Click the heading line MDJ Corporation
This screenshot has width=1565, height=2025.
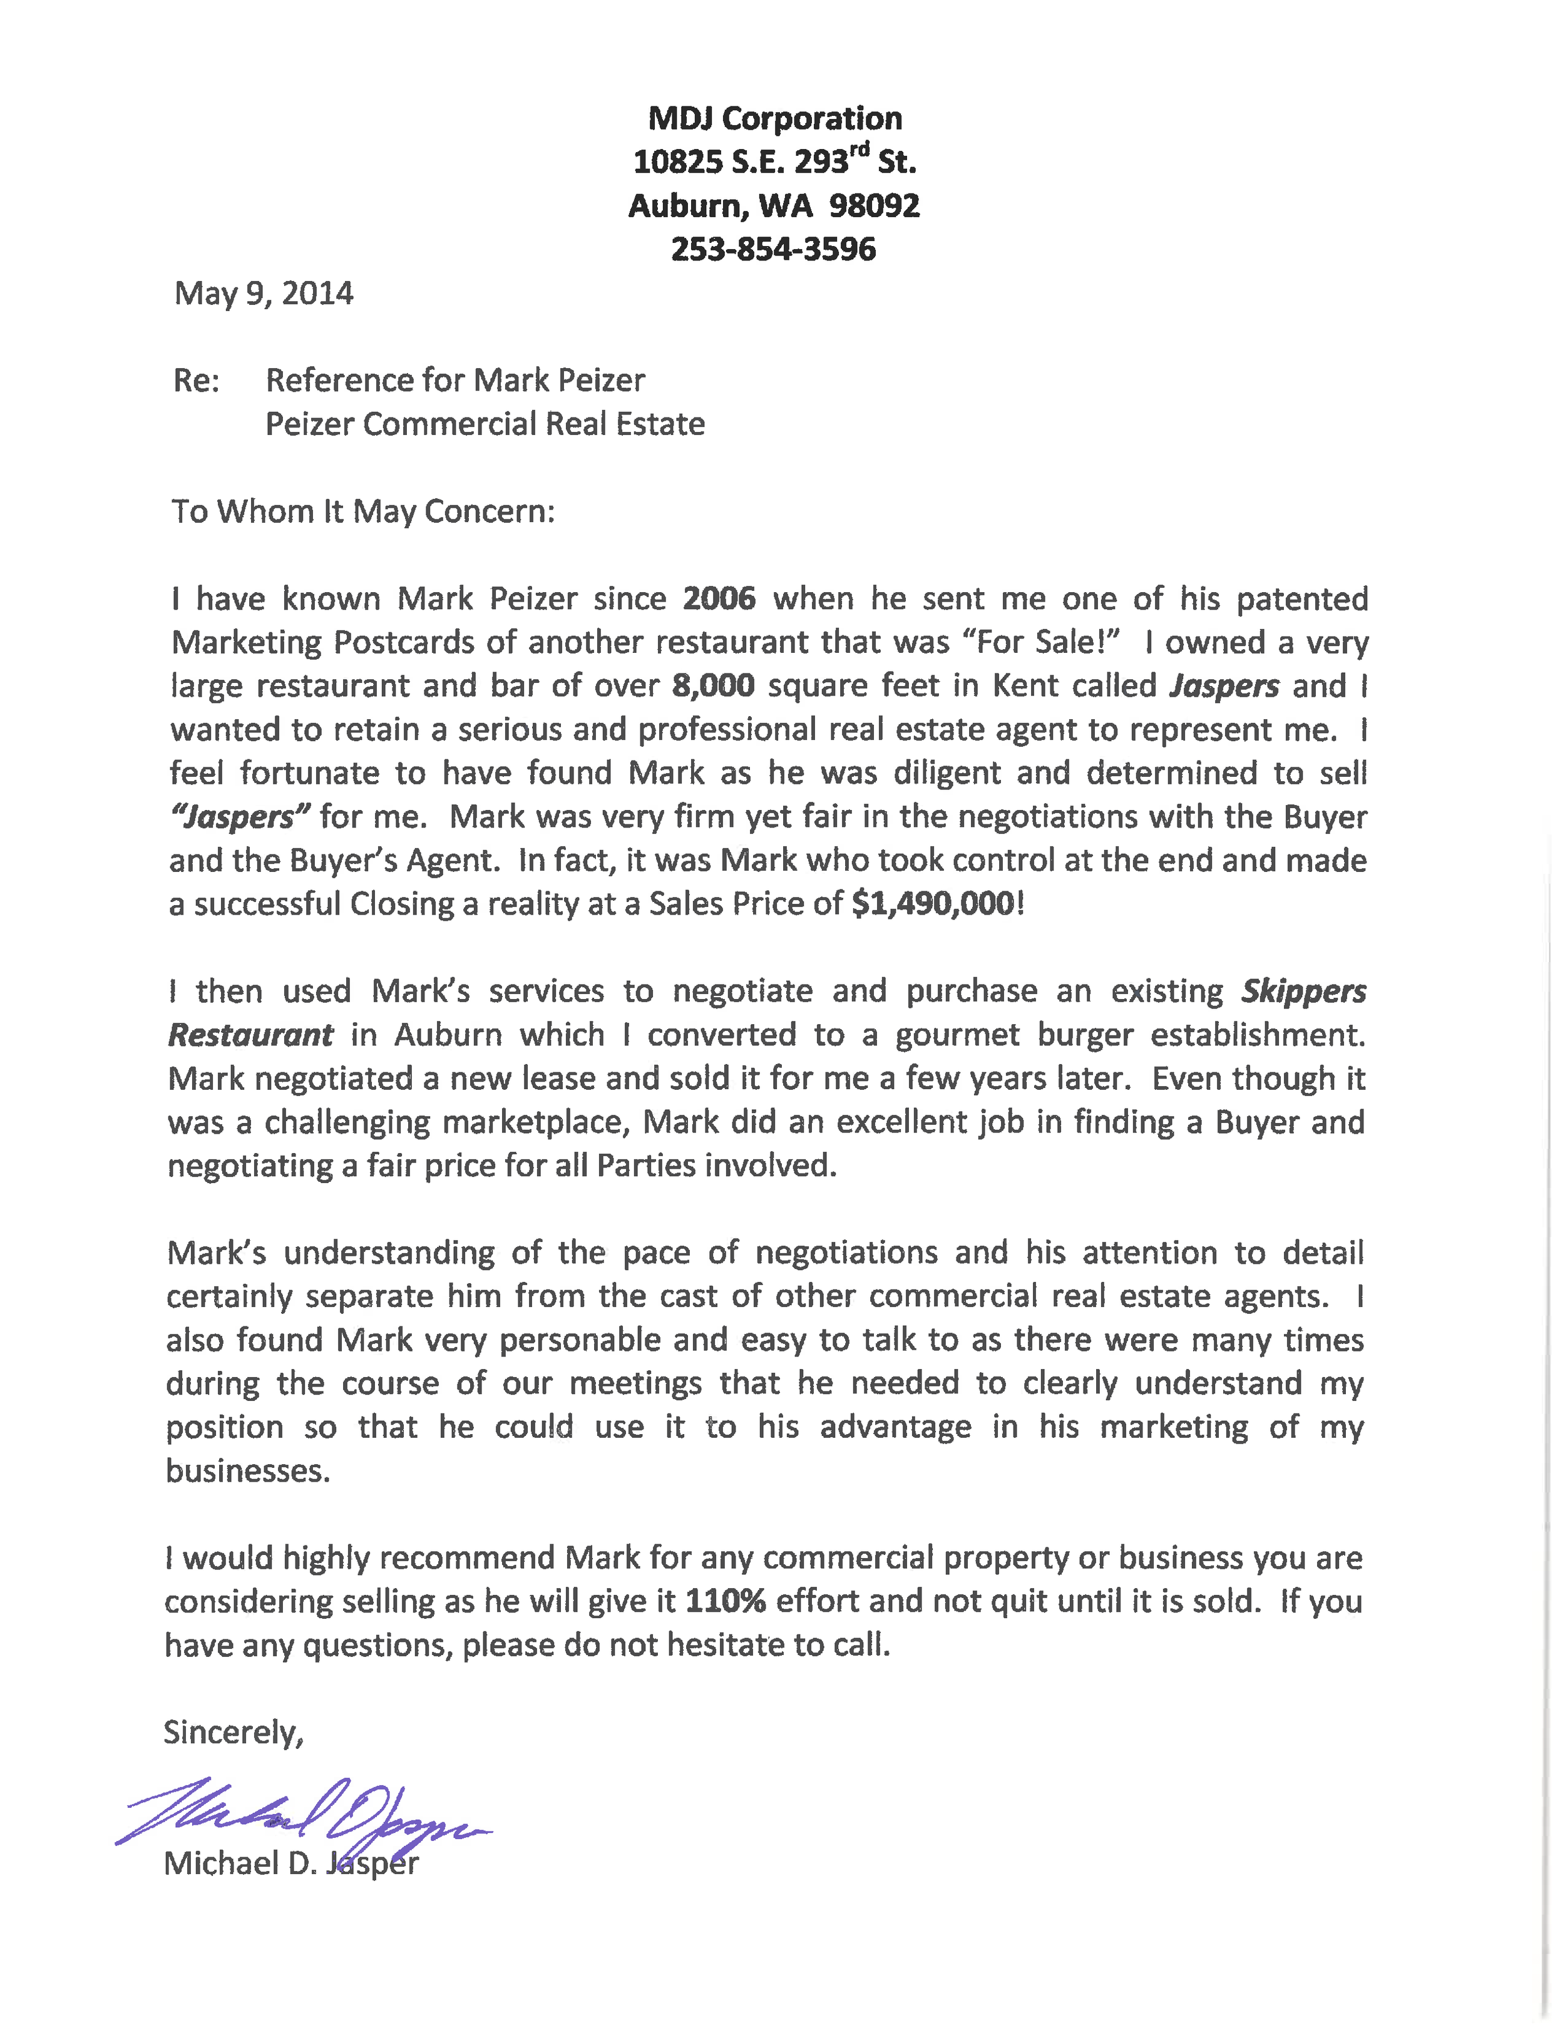click(x=774, y=119)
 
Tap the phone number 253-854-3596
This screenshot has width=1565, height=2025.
click(x=773, y=249)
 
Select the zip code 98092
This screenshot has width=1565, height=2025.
click(x=875, y=206)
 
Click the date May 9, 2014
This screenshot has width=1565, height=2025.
click(x=264, y=294)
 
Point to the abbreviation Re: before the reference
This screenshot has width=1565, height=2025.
click(x=197, y=380)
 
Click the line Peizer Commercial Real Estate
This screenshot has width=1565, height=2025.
click(x=485, y=424)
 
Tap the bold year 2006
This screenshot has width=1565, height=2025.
click(x=719, y=599)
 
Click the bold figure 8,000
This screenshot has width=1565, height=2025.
click(x=713, y=686)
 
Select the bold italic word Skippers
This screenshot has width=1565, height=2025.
click(x=1303, y=991)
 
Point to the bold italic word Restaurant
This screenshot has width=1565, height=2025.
click(x=250, y=1035)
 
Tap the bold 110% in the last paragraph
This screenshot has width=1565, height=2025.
click(x=724, y=1601)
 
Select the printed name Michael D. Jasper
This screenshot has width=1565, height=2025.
click(x=291, y=1864)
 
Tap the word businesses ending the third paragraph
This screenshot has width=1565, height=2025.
click(x=247, y=1470)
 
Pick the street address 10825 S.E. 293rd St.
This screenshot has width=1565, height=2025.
click(x=774, y=161)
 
